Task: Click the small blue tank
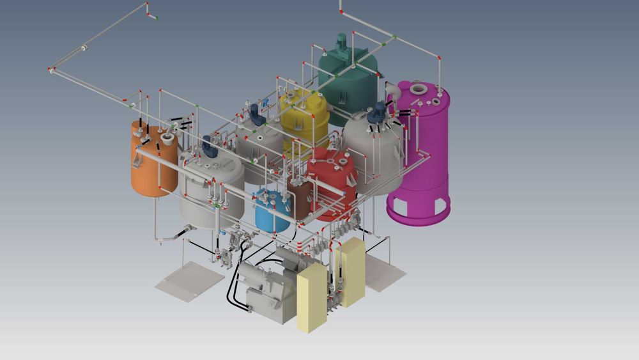(x=272, y=212)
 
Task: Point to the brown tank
(x=298, y=198)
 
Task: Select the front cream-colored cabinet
(x=312, y=298)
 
